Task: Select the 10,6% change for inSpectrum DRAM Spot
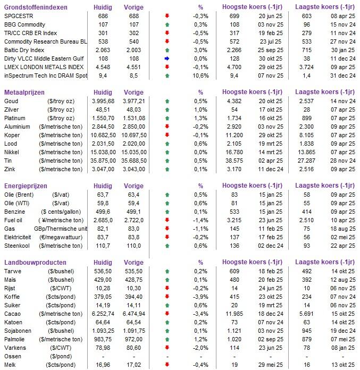(200, 75)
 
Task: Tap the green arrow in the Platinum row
(167, 118)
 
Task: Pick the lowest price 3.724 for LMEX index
(304, 67)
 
